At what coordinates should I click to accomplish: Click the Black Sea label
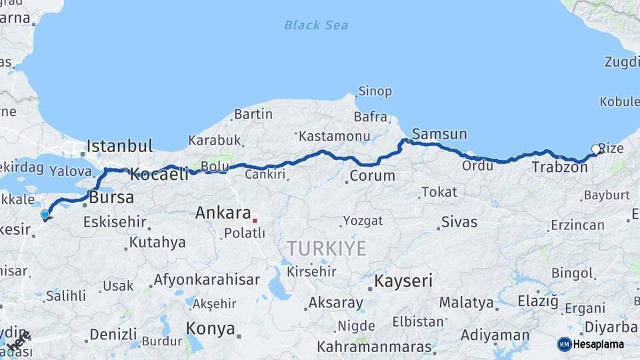[x=316, y=25]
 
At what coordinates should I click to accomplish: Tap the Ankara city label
[x=221, y=213]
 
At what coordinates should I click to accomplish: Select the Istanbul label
[x=120, y=146]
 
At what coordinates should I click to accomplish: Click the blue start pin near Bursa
[x=45, y=215]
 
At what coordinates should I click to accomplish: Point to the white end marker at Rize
[x=595, y=149]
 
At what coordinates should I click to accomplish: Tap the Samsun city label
[x=439, y=134]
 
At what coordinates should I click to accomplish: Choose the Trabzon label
[x=559, y=167]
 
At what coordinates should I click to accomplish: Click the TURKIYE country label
[x=327, y=249]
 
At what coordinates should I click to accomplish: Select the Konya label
[x=210, y=328]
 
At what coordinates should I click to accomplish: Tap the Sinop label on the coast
[x=375, y=91]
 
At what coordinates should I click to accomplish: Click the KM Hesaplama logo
[x=591, y=344]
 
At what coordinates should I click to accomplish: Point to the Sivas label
[x=459, y=221]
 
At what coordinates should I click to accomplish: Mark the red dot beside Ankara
[x=255, y=219]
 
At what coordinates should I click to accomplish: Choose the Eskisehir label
[x=115, y=221]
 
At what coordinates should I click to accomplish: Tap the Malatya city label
[x=466, y=303]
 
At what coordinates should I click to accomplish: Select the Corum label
[x=372, y=176]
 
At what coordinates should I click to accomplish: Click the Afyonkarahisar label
[x=207, y=279]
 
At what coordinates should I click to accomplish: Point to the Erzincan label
[x=577, y=225]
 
